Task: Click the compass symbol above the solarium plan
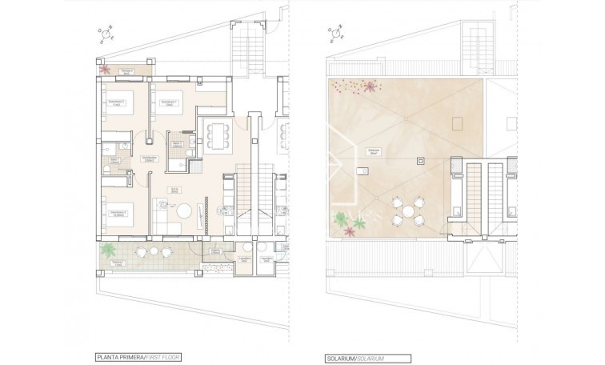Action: pos(335,34)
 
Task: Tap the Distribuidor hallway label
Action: pos(148,158)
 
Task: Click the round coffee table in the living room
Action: pos(184,211)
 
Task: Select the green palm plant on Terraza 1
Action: pos(105,253)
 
